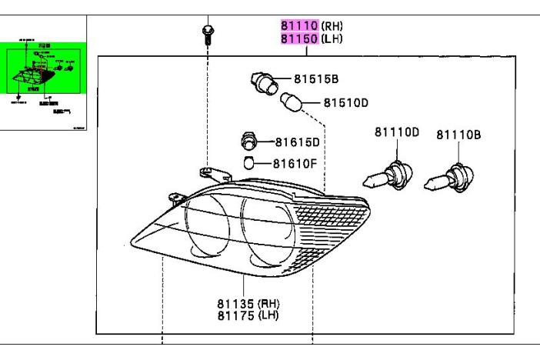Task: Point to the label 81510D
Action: tap(345, 102)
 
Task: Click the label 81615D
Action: tap(298, 142)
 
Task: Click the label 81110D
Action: tap(397, 132)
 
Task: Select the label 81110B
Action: tap(458, 135)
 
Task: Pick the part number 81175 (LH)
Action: tap(246, 315)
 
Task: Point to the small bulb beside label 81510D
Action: tap(292, 101)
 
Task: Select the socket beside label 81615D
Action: tap(248, 142)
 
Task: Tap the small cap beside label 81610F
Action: tap(249, 163)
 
